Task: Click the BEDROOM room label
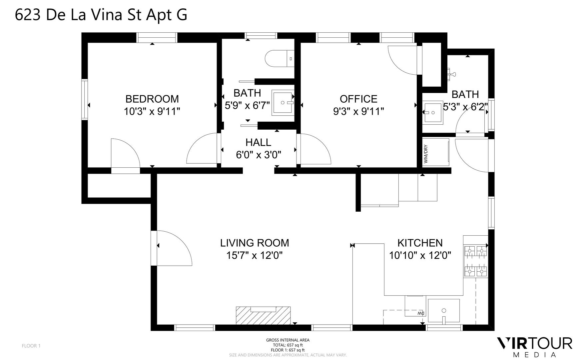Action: (x=152, y=99)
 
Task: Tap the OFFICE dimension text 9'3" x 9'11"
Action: (x=358, y=111)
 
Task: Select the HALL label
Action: (x=258, y=142)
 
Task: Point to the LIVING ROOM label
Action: (x=255, y=243)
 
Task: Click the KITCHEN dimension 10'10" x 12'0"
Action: (x=420, y=256)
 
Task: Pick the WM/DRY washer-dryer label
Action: (x=426, y=154)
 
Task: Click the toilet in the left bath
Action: (x=280, y=59)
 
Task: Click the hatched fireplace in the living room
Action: (x=263, y=316)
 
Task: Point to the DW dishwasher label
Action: (x=421, y=313)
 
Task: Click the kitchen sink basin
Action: (x=443, y=311)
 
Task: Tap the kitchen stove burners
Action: (x=476, y=261)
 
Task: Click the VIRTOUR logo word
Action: (x=535, y=343)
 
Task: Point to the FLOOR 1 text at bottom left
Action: (x=31, y=346)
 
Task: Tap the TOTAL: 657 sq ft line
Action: (x=288, y=345)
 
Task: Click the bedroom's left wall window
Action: (x=85, y=99)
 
